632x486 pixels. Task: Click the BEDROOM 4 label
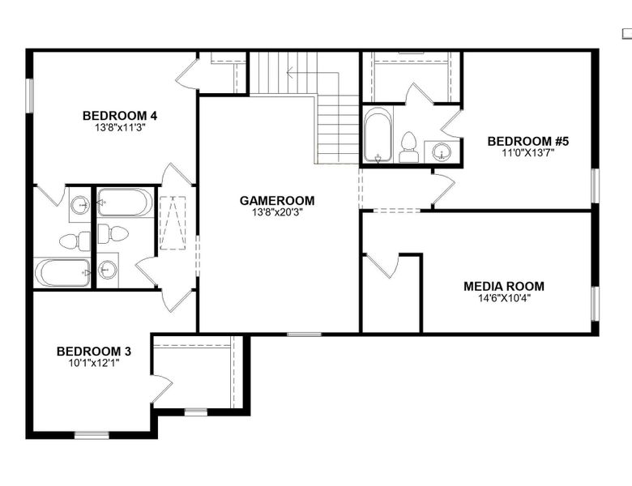120,116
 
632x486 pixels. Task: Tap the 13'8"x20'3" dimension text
277,212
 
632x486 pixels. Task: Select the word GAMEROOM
277,201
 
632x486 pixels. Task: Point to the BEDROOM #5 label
528,142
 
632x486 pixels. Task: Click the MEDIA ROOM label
504,287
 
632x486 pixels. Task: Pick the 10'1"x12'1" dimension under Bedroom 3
94,363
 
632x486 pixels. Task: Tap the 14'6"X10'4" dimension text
504,298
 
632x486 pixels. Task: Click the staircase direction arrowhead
288,73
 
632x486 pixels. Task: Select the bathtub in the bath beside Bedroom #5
378,134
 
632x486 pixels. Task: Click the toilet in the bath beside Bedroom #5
409,147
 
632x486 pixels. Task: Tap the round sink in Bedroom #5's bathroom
442,152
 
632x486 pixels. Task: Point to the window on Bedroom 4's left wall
29,96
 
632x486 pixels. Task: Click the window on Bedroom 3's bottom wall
92,435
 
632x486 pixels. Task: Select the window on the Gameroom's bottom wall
305,334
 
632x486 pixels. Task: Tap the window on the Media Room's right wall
595,304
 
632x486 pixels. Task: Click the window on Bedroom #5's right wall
595,185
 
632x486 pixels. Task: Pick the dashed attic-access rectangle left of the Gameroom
173,223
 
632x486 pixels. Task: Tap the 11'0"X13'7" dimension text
528,153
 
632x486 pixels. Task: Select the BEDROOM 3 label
94,352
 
